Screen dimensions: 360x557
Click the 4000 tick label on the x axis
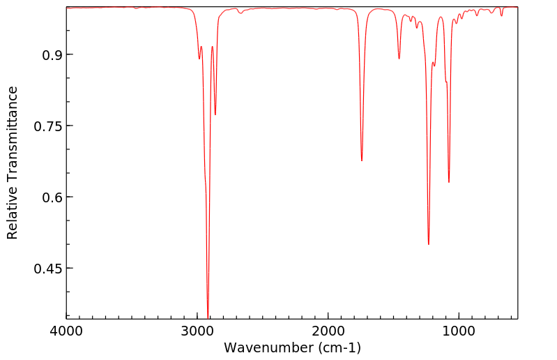click(67, 331)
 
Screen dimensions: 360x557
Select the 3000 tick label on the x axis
click(197, 331)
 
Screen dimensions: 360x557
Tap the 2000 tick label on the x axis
click(328, 331)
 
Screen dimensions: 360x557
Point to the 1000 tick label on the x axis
click(459, 331)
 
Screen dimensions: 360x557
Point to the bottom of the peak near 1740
click(362, 160)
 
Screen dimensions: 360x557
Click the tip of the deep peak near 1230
click(429, 244)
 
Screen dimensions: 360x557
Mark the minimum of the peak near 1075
click(449, 182)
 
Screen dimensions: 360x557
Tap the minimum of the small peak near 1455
click(399, 59)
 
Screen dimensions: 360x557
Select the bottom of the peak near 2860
click(215, 114)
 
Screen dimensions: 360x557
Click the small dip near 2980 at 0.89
click(199, 59)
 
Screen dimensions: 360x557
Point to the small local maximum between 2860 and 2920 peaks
click(212, 47)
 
